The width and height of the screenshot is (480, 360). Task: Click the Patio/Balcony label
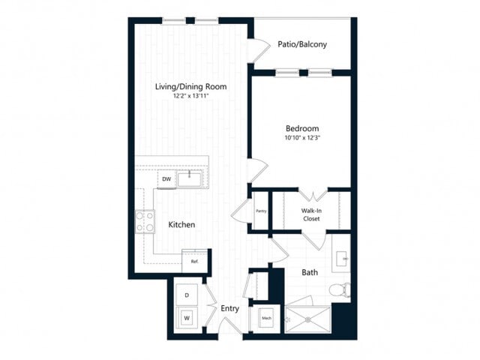tap(301, 44)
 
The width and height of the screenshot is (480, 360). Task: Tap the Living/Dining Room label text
tap(190, 87)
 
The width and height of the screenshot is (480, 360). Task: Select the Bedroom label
tap(302, 128)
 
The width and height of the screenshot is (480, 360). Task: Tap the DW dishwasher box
tap(166, 179)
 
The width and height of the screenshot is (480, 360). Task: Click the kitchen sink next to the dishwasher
tap(193, 178)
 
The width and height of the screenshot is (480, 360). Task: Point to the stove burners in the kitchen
tap(145, 222)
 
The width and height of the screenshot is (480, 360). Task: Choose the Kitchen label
tap(181, 224)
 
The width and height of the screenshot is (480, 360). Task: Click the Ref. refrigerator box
tap(193, 261)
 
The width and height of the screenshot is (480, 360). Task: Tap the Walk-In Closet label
tap(312, 215)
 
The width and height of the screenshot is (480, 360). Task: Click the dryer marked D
tap(186, 294)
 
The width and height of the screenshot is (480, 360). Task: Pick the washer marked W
tap(186, 319)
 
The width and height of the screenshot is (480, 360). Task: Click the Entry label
tap(229, 308)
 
